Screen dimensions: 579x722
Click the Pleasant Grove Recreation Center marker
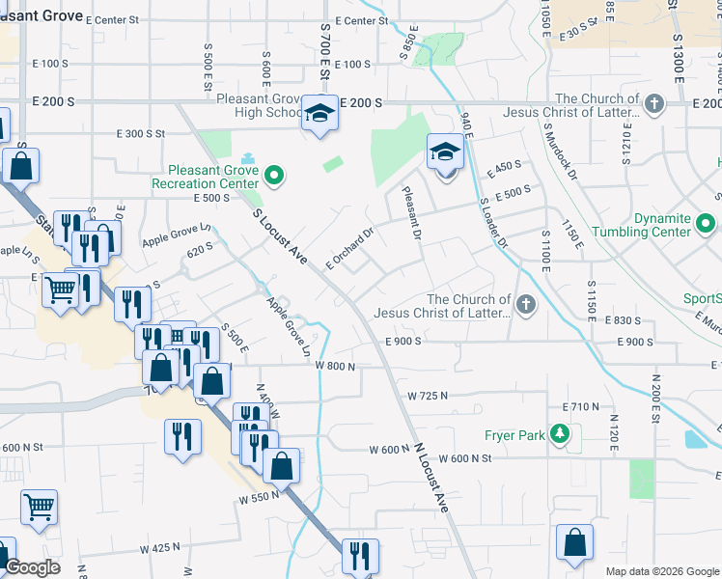(x=274, y=176)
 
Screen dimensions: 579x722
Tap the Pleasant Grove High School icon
(x=318, y=114)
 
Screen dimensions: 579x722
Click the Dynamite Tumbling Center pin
(x=706, y=224)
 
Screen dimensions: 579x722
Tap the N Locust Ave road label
(x=432, y=477)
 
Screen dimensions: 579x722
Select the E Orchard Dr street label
(x=349, y=248)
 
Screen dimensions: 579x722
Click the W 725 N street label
(x=428, y=396)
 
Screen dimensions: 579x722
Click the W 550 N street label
(x=260, y=496)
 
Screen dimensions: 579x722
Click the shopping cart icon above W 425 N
(x=39, y=506)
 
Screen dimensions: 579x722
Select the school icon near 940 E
(x=445, y=152)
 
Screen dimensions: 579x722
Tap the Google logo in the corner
(x=31, y=567)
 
